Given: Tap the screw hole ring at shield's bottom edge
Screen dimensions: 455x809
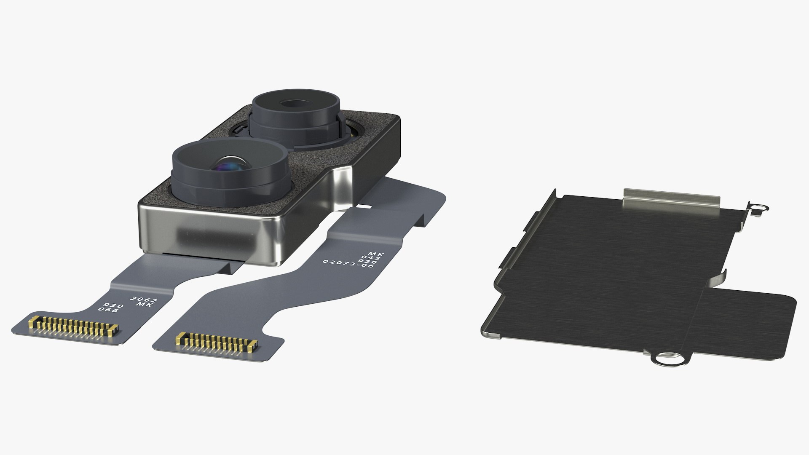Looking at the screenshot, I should click(x=665, y=346).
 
